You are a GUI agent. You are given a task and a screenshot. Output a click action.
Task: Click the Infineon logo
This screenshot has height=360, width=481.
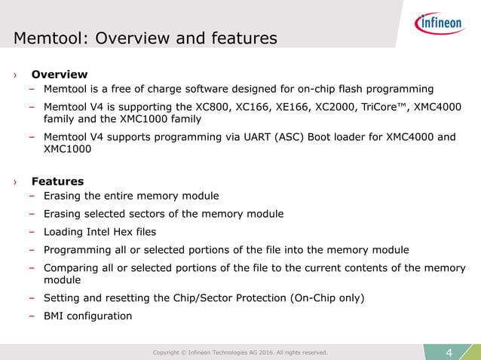439,24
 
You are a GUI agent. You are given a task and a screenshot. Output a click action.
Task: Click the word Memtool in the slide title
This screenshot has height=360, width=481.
48,38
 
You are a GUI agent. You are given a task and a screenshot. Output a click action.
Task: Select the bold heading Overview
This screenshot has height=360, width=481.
59,75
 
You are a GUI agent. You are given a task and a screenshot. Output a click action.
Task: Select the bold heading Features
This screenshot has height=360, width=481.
57,182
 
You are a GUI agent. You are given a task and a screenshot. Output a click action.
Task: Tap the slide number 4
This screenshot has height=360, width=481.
449,352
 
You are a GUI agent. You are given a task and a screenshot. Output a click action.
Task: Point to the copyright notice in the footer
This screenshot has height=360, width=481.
240,352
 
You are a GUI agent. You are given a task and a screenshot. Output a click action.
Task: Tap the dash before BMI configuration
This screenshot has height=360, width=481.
33,316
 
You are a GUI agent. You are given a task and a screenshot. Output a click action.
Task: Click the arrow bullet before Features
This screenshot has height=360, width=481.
14,182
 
